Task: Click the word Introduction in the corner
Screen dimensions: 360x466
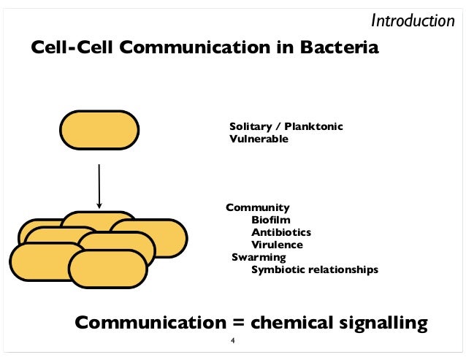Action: point(413,20)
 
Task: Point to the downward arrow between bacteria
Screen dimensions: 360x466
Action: point(99,185)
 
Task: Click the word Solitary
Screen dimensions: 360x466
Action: point(253,127)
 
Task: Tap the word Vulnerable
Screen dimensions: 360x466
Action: point(259,139)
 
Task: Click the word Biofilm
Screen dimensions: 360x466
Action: point(270,220)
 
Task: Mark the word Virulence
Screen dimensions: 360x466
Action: point(277,245)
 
